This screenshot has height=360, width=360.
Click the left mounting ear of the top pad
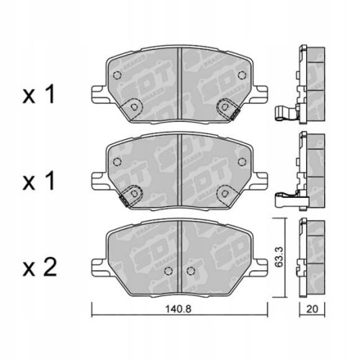tap(98, 94)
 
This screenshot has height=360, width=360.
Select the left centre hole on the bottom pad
tap(167, 271)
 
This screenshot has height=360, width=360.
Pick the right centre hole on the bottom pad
tap(191, 271)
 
